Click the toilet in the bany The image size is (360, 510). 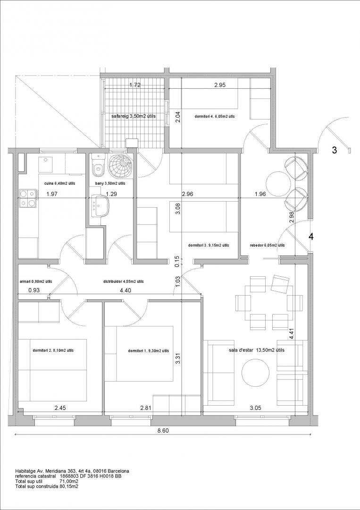coord(98,165)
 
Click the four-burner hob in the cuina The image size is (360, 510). coord(27,198)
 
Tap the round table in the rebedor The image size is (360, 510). coord(278,184)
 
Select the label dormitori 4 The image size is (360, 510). coord(215,116)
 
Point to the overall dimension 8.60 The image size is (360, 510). coord(163,430)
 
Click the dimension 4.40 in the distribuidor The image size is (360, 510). coord(126,291)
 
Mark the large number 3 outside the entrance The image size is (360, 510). coord(334,150)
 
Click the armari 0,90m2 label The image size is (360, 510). coord(36,281)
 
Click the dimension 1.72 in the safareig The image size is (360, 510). coord(135,85)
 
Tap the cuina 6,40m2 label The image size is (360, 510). coord(60,183)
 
